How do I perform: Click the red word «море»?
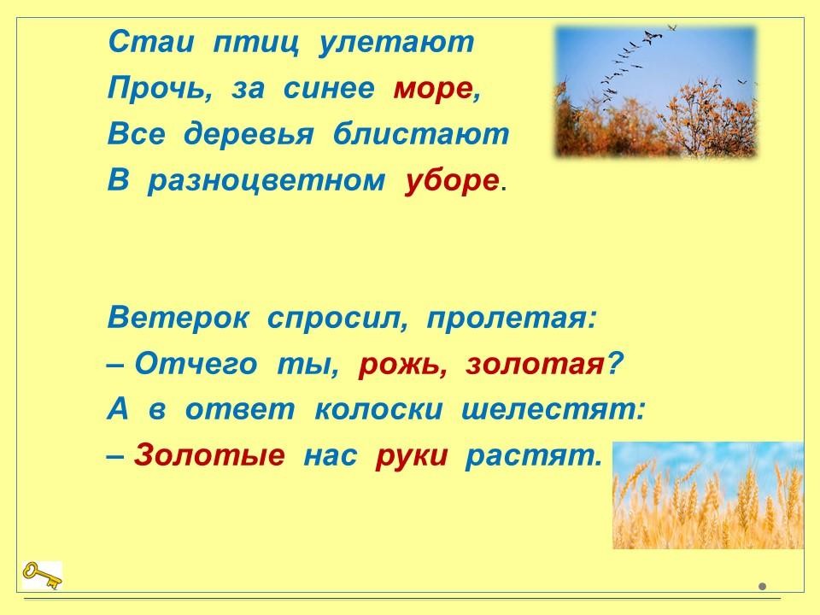(x=432, y=88)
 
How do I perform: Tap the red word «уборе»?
(x=451, y=181)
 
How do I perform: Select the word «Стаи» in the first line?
(x=150, y=42)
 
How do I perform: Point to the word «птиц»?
(x=256, y=44)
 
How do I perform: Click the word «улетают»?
(x=396, y=43)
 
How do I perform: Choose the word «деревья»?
(x=249, y=135)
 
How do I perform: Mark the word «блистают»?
(x=421, y=133)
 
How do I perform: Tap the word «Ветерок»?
(x=179, y=317)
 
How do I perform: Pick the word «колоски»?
(x=378, y=410)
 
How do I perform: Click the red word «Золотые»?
(x=210, y=455)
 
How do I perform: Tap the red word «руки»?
(x=412, y=456)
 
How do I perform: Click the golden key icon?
(x=42, y=575)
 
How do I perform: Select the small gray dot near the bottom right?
(x=763, y=587)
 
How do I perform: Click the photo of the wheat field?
(x=708, y=495)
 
